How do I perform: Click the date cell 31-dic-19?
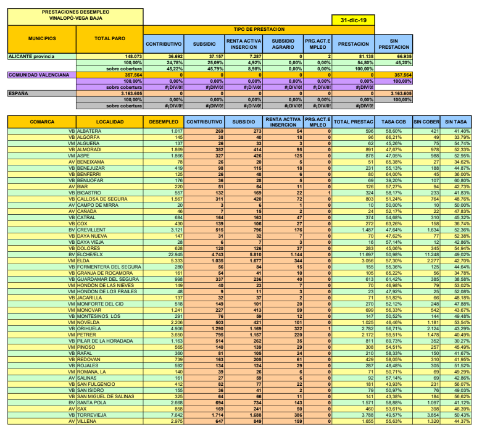[353, 20]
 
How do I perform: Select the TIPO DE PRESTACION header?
[259, 30]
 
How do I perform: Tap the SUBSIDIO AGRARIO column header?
[283, 44]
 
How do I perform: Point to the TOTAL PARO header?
[110, 38]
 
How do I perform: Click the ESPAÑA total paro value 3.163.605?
[128, 93]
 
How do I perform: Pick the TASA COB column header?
[394, 122]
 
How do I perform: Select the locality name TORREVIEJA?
[93, 415]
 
